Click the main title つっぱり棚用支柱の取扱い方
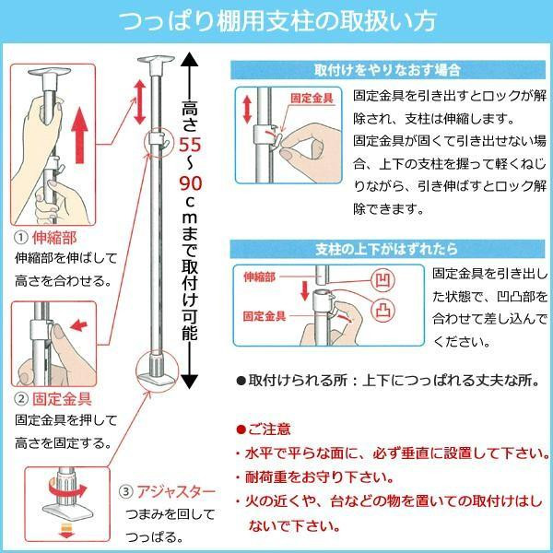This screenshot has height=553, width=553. pyautogui.click(x=278, y=22)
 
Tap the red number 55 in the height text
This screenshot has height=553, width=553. pyautogui.click(x=190, y=145)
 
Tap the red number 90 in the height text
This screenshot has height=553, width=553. pyautogui.click(x=190, y=183)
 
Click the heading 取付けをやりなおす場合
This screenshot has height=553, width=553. pyautogui.click(x=387, y=70)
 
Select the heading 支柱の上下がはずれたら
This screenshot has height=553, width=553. pyautogui.click(x=386, y=250)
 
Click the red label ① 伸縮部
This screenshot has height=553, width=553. pyautogui.click(x=45, y=238)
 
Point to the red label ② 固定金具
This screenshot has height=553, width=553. pyautogui.click(x=53, y=399)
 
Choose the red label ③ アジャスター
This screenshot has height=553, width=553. pyautogui.click(x=167, y=491)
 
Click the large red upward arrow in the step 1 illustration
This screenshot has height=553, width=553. pyautogui.click(x=79, y=135)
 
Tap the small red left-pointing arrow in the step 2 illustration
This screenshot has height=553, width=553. pyautogui.click(x=78, y=325)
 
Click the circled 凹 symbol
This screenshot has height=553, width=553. pyautogui.click(x=382, y=280)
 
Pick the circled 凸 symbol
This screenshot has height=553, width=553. pyautogui.click(x=383, y=310)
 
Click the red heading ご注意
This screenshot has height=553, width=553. pyautogui.click(x=265, y=429)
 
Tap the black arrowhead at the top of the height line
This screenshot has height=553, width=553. pyautogui.click(x=189, y=59)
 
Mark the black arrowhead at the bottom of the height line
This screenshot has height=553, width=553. pyautogui.click(x=189, y=382)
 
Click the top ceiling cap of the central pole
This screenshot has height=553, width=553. pyautogui.click(x=156, y=63)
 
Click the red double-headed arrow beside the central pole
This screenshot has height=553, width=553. pyautogui.click(x=140, y=102)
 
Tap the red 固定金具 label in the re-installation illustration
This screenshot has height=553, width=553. pyautogui.click(x=312, y=98)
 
